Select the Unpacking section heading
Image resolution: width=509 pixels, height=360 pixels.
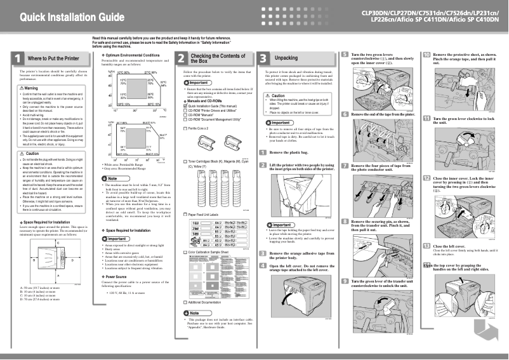285,58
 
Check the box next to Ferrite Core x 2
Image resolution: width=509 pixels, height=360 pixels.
185,128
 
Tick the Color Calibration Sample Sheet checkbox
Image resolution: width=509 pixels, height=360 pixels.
185,252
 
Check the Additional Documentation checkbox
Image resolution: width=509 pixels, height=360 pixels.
185,302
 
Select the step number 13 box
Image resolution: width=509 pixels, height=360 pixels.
426,246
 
